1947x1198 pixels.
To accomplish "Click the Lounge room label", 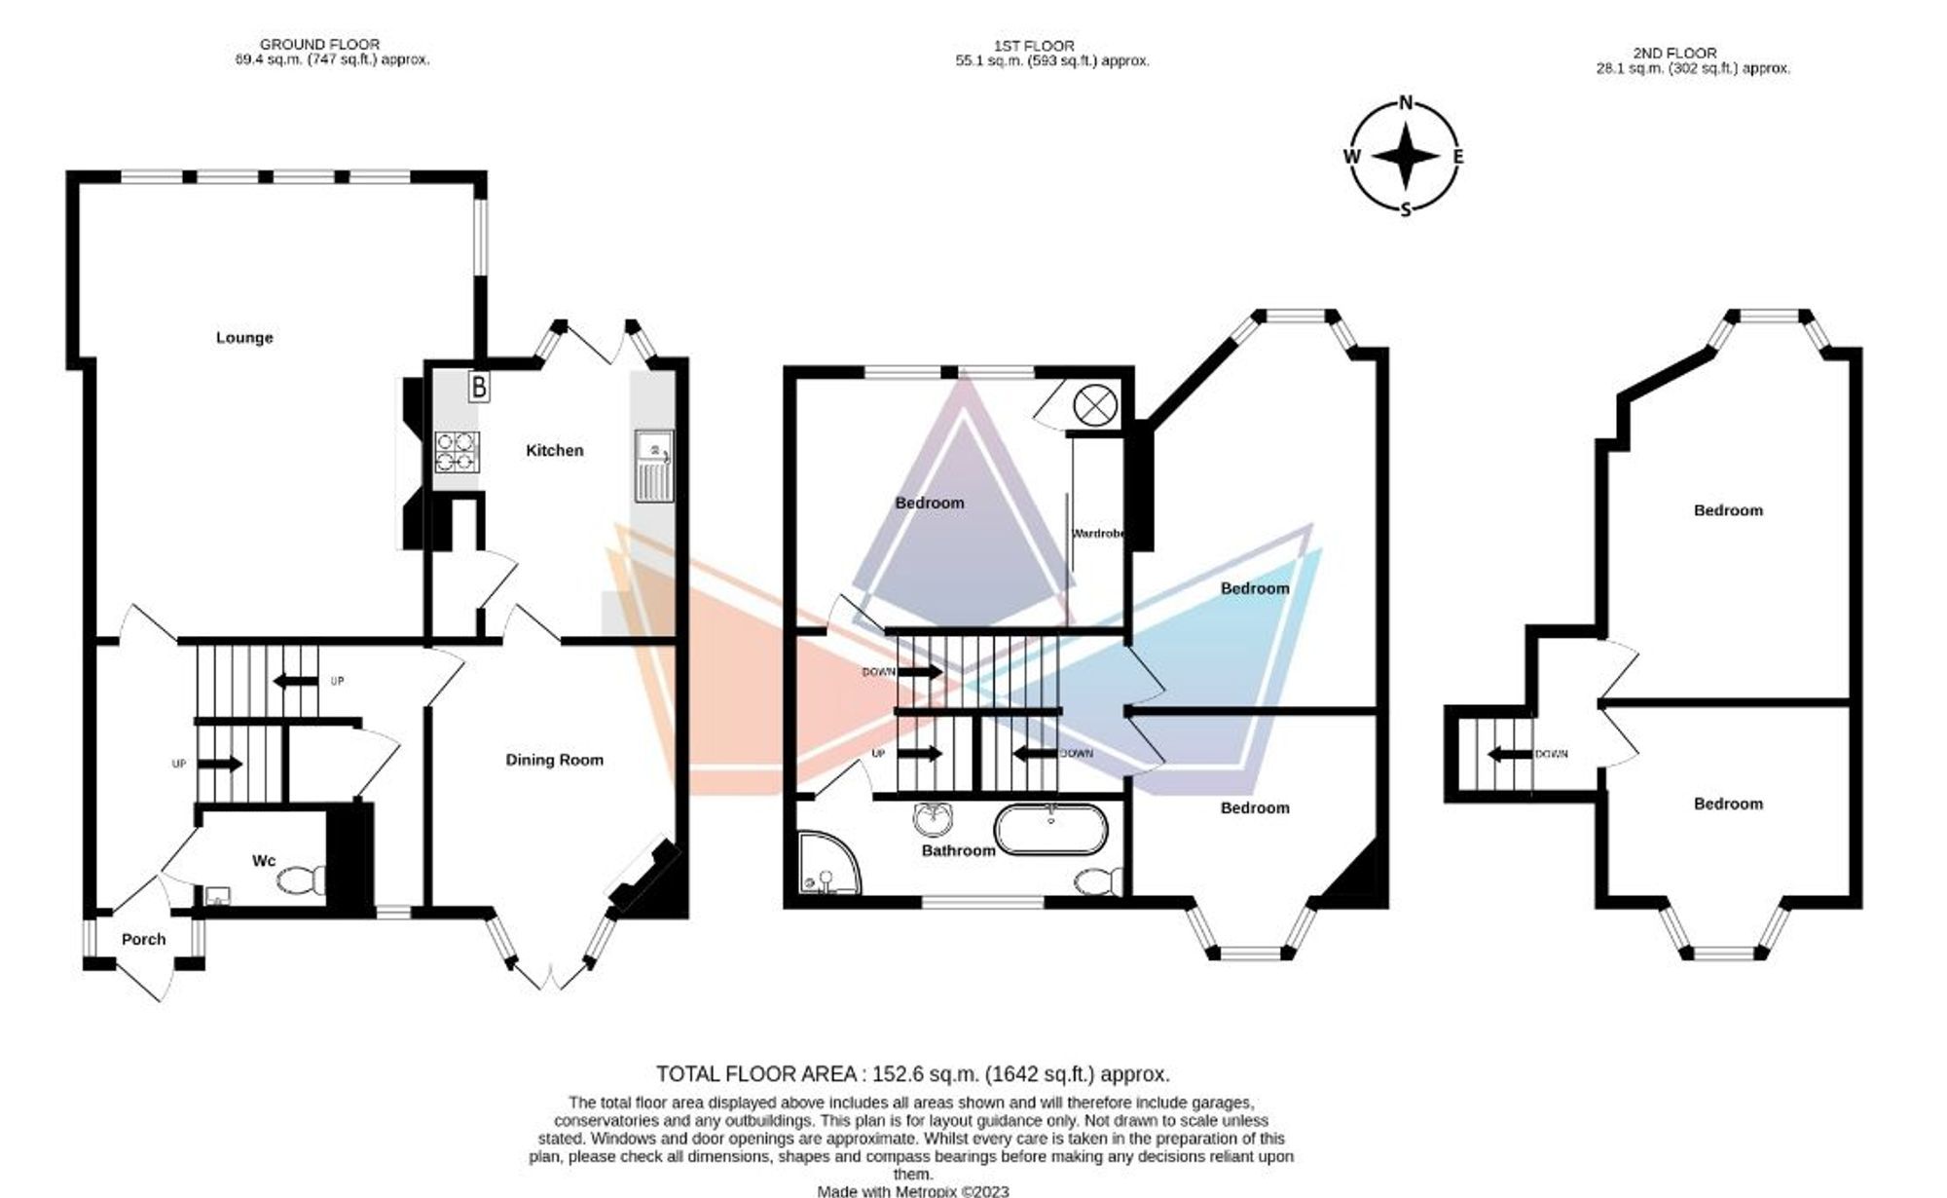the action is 244,338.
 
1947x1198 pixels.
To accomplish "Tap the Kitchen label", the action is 555,450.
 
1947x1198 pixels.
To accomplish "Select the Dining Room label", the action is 554,760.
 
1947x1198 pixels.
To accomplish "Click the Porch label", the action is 143,940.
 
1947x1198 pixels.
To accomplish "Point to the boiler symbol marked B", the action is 478,387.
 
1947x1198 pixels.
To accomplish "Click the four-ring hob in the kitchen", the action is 457,452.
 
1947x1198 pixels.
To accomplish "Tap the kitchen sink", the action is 654,466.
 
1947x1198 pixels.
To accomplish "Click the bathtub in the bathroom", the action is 1050,830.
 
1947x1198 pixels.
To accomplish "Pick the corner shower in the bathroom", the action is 829,863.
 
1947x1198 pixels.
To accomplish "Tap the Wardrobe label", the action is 1099,534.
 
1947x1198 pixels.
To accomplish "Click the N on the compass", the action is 1406,103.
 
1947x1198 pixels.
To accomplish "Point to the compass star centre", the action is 1406,157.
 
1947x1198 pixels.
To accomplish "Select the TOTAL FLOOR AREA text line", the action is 913,1074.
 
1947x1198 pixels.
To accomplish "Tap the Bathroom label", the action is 959,850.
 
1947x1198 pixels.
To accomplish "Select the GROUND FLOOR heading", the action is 320,45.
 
